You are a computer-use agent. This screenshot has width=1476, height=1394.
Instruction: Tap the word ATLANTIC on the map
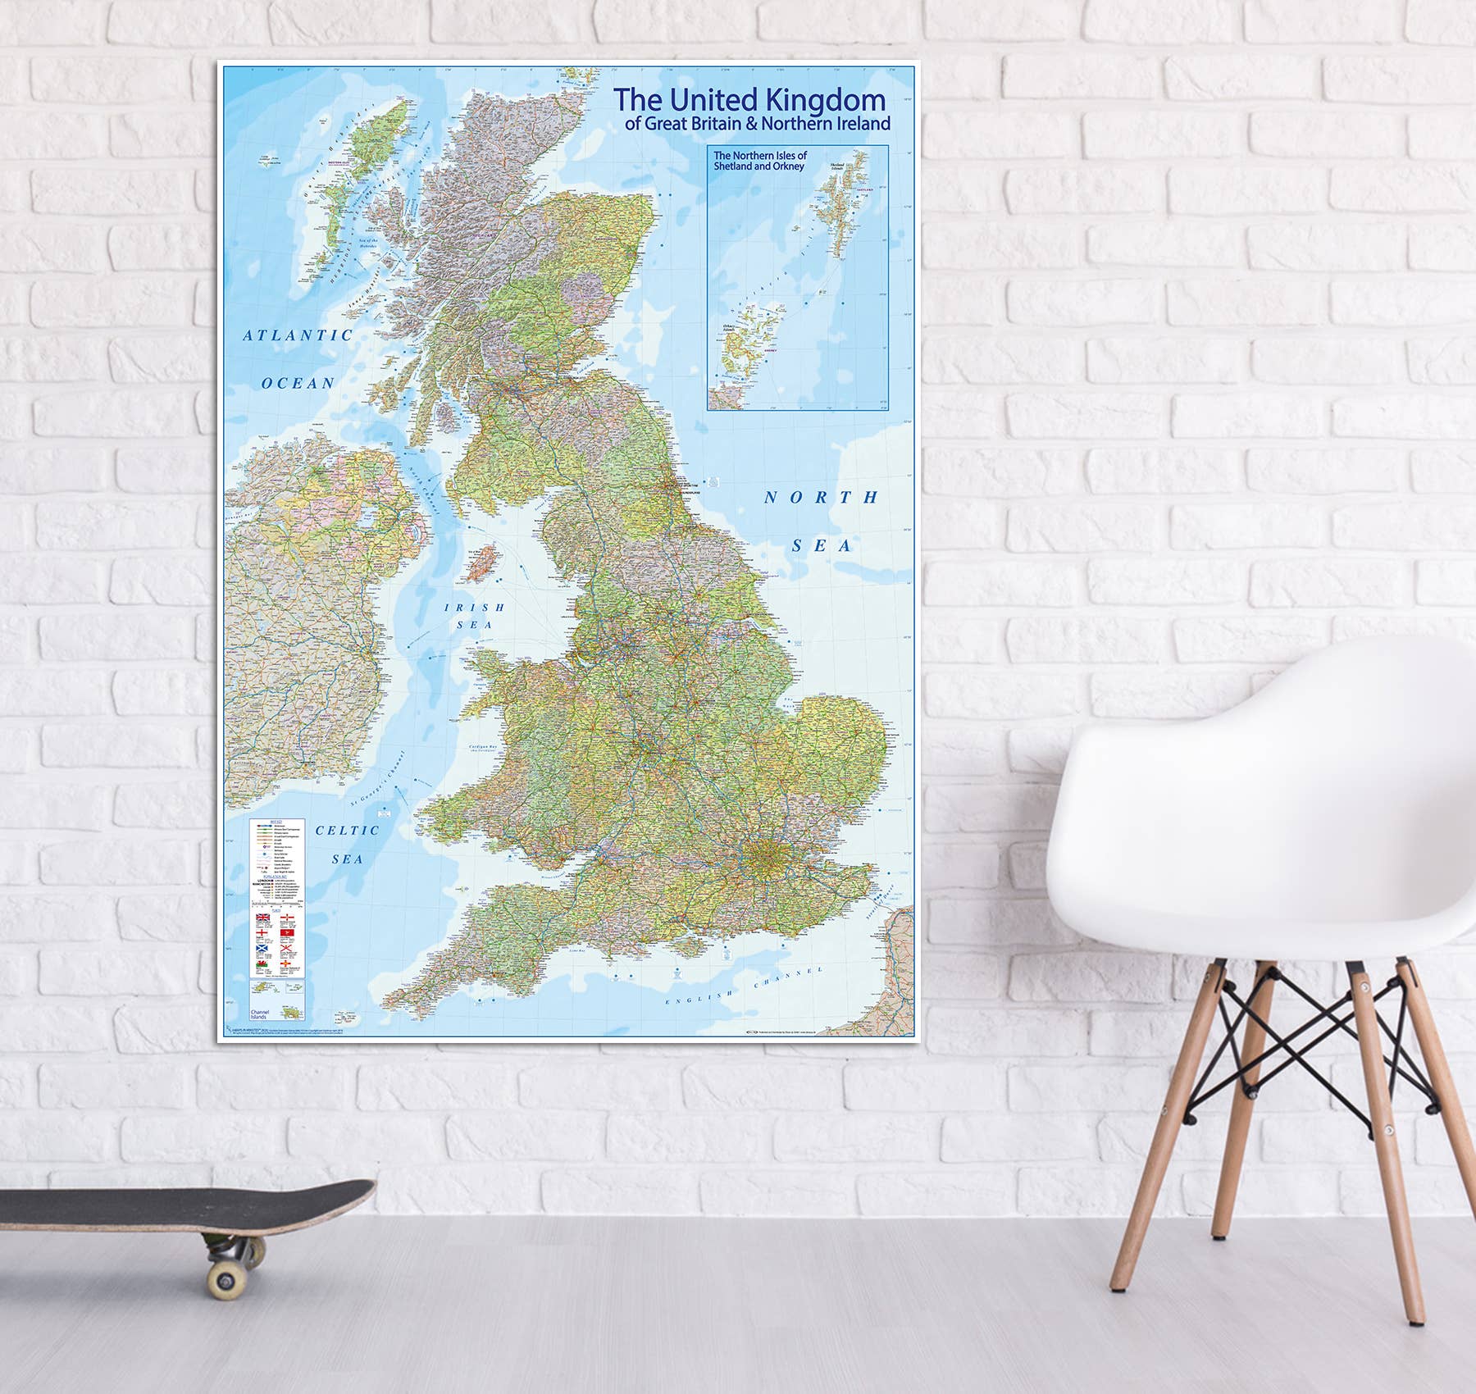point(298,335)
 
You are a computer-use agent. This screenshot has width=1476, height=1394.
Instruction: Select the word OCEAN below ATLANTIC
point(298,383)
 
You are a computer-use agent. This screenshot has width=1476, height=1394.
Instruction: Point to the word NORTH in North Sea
point(821,498)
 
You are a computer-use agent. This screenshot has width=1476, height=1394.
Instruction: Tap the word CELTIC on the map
point(348,831)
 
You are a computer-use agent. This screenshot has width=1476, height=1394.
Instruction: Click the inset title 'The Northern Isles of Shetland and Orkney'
point(759,161)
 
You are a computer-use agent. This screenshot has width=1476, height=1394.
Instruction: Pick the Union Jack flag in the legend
point(262,918)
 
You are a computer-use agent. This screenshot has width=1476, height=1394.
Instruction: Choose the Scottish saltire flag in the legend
point(262,951)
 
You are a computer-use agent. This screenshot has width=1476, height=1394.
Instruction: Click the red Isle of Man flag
point(287,934)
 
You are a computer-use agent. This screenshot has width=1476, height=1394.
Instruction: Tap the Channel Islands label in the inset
point(260,1014)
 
